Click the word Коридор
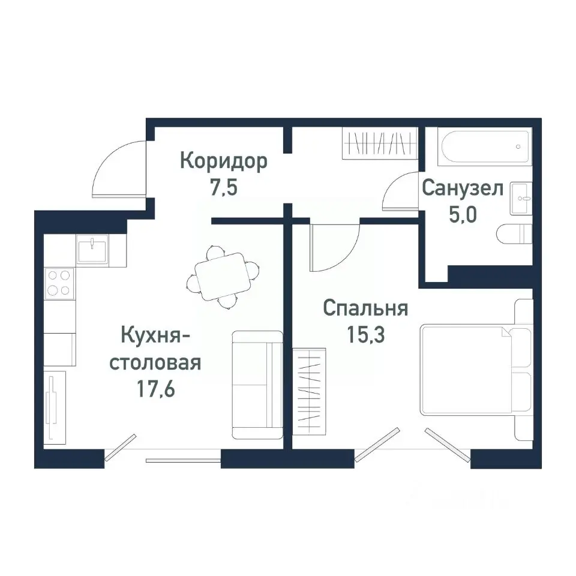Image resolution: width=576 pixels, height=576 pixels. coord(224,162)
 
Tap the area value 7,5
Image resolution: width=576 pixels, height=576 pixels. coord(223,188)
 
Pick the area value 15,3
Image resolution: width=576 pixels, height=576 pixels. coord(365,335)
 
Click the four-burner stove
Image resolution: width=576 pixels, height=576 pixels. coord(59,283)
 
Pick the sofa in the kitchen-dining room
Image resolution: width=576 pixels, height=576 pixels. coord(257,384)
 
